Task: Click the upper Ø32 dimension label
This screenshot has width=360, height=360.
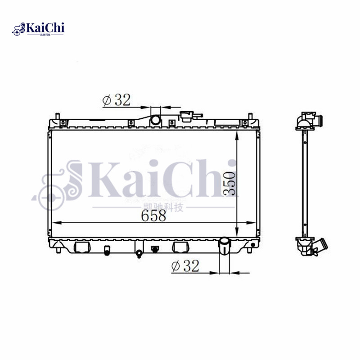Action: (x=117, y=100)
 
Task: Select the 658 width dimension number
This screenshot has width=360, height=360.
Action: (x=153, y=216)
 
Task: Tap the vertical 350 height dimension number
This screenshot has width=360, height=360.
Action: (x=229, y=183)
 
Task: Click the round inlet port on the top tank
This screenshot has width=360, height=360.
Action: (x=155, y=120)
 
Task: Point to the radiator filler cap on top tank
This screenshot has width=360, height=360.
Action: (x=186, y=117)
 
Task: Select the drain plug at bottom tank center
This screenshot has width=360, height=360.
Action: (x=139, y=254)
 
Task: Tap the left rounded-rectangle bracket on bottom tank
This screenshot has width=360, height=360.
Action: (x=81, y=247)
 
